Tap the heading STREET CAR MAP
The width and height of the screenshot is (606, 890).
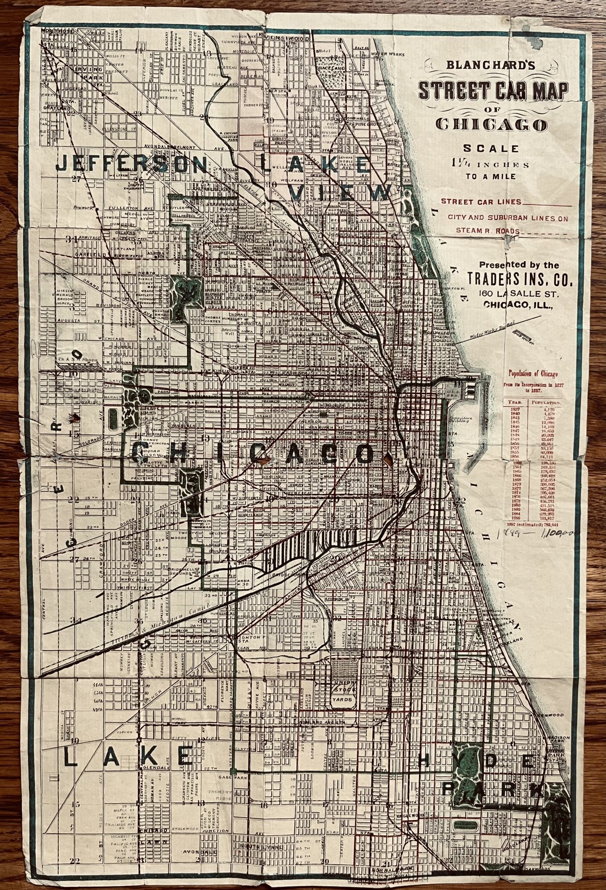tap(493, 90)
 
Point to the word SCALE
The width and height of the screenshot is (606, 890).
tap(491, 148)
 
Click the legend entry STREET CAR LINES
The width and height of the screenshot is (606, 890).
tap(481, 202)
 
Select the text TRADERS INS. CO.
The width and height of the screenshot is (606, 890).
tap(519, 280)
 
